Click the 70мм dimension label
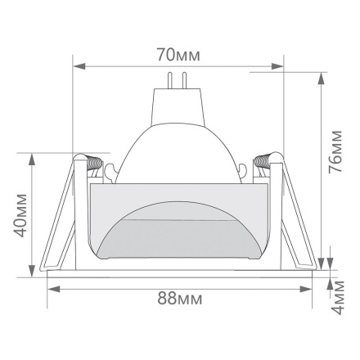[179, 56]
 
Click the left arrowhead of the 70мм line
[77, 66]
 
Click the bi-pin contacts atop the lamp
[179, 79]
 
